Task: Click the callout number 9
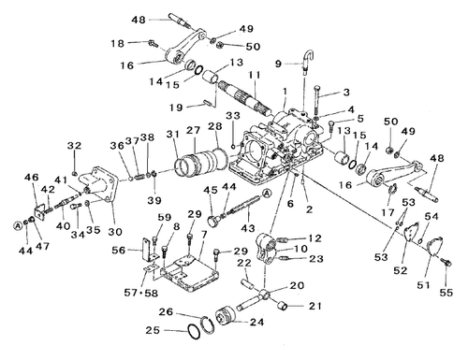coord(278,64)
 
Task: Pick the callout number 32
coord(76,144)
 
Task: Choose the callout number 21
coord(314,306)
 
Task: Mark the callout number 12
coord(315,238)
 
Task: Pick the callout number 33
coord(233,116)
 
